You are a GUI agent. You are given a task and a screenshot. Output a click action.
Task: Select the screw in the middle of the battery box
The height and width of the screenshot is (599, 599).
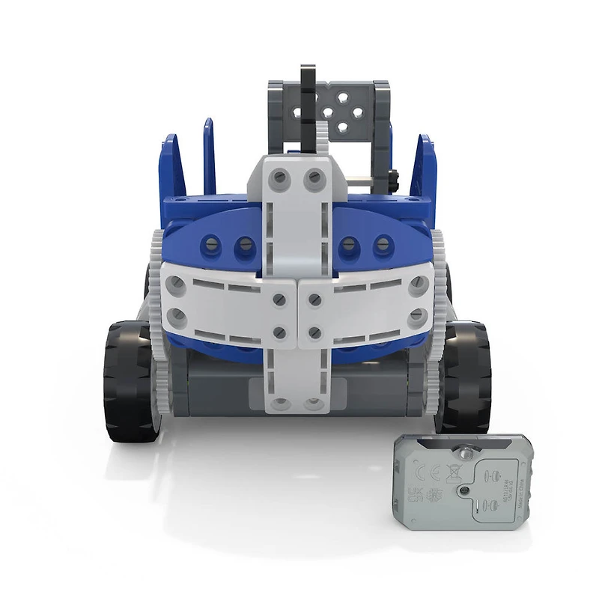click(465, 490)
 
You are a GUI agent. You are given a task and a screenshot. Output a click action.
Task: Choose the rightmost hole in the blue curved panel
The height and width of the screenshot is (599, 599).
click(384, 243)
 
